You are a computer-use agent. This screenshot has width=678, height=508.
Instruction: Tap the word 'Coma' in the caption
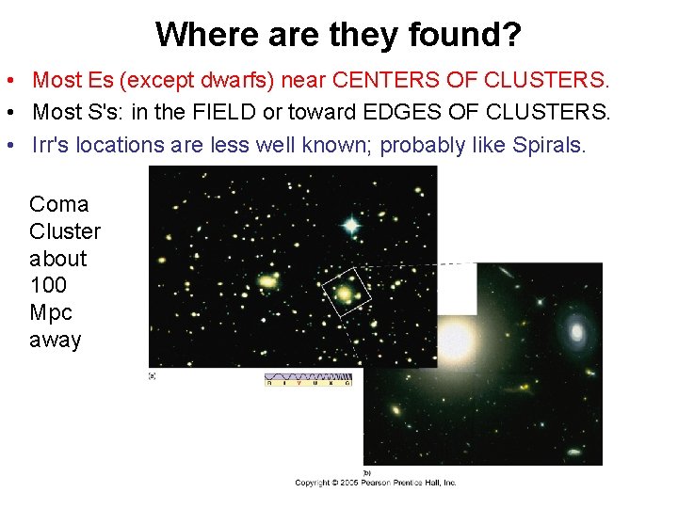(59, 204)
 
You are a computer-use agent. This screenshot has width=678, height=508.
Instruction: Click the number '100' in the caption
(48, 285)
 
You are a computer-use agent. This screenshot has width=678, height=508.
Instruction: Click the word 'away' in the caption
(56, 340)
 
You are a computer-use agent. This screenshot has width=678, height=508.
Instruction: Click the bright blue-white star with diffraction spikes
(351, 225)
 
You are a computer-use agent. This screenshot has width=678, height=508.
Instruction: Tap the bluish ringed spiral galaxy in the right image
(576, 329)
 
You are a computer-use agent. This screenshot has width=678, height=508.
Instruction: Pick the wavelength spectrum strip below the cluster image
(308, 380)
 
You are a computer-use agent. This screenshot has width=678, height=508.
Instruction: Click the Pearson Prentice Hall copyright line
(376, 483)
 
